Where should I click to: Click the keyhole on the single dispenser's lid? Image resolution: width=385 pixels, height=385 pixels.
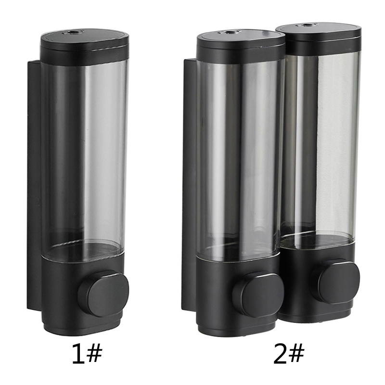coord(74,32)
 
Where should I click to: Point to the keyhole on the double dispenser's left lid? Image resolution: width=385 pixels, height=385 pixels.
coord(230,32)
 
